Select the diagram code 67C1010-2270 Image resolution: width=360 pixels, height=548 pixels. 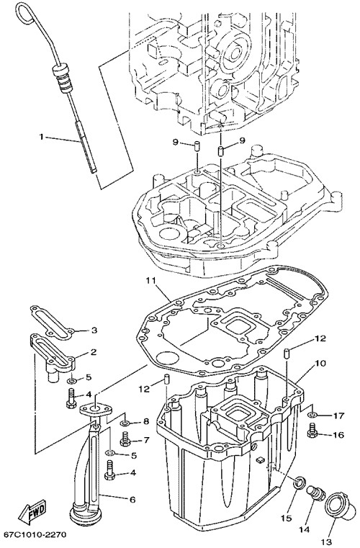[x=35, y=535]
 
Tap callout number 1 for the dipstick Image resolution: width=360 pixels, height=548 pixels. [x=41, y=137]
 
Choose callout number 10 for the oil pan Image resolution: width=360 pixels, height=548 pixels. [x=320, y=364]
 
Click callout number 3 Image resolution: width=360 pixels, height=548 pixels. [x=94, y=330]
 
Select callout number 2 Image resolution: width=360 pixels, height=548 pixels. [x=94, y=351]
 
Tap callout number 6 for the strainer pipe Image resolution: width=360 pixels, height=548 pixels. [x=132, y=500]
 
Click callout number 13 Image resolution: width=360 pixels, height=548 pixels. [x=325, y=542]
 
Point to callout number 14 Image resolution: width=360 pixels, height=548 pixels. [x=305, y=529]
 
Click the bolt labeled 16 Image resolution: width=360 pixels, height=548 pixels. [x=312, y=431]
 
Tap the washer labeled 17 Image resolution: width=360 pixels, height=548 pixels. [x=312, y=415]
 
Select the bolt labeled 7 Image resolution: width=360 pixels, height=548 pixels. [x=125, y=438]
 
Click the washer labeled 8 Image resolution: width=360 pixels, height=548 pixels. [x=125, y=423]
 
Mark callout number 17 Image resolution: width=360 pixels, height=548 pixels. [x=338, y=416]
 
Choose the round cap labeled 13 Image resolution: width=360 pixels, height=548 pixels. [x=336, y=508]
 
